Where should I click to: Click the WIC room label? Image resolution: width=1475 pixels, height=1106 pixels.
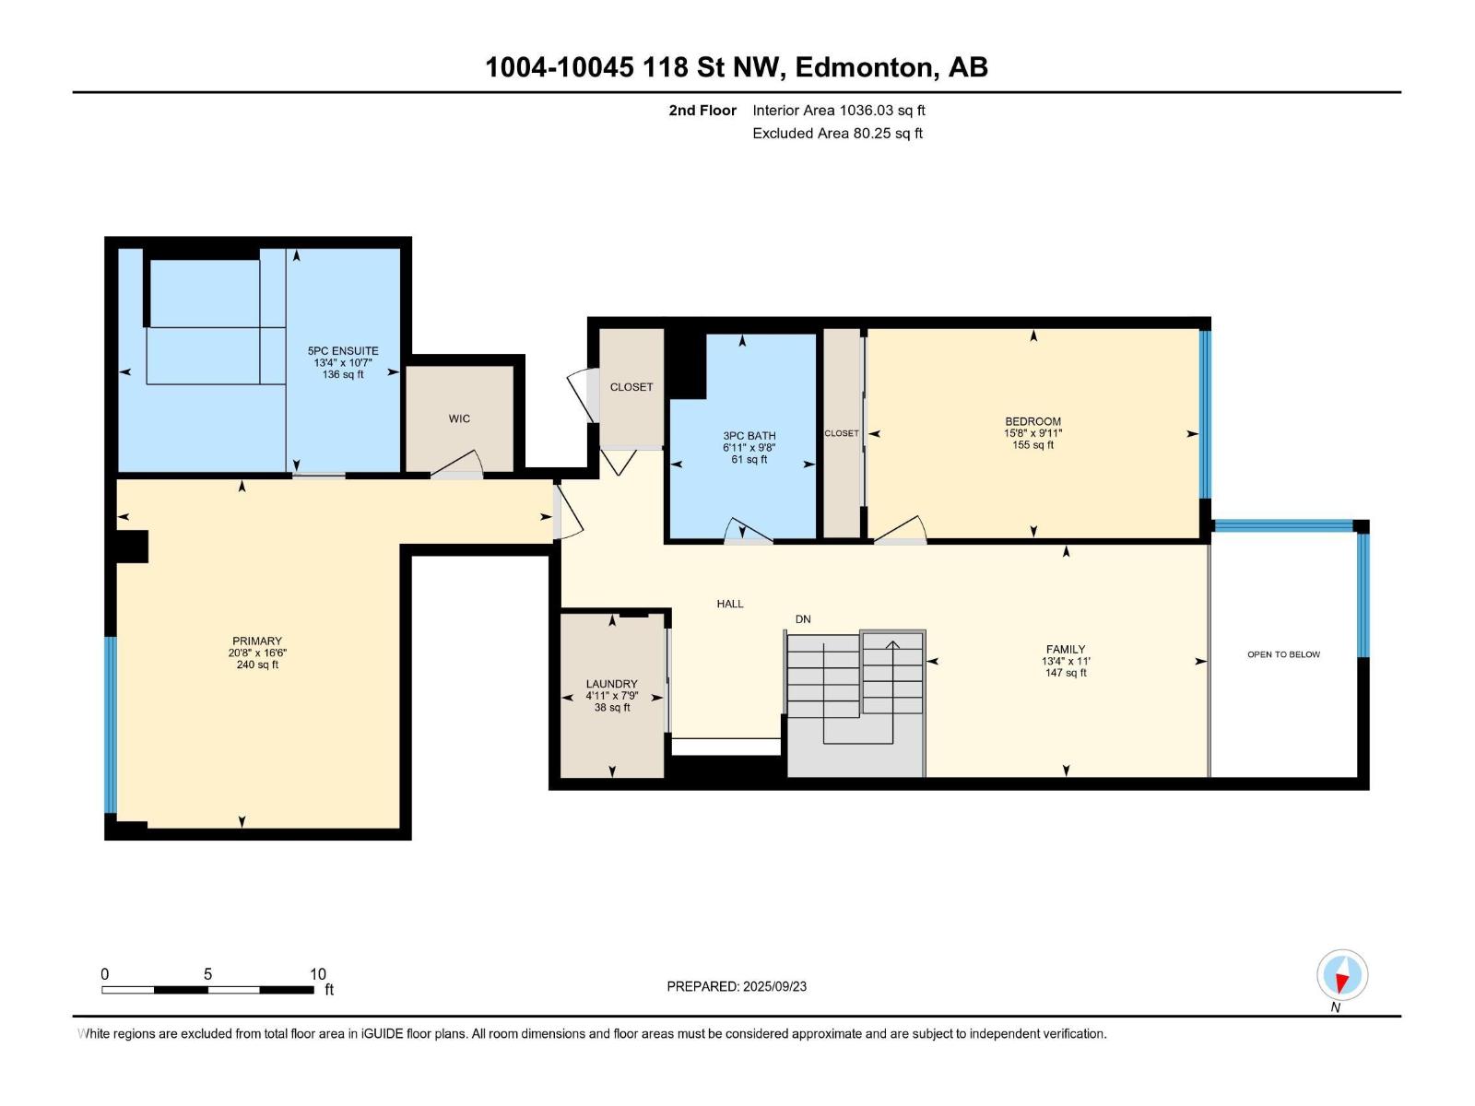(x=459, y=419)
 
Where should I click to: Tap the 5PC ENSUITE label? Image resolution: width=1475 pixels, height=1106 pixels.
(x=343, y=351)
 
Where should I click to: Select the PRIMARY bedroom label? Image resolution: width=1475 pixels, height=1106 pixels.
(x=257, y=641)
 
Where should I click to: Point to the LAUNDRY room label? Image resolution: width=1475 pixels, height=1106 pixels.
(x=611, y=684)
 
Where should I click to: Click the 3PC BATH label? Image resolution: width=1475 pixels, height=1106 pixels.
(x=749, y=437)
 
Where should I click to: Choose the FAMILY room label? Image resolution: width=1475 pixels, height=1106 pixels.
(x=1066, y=650)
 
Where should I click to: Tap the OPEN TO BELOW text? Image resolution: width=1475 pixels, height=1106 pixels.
(x=1283, y=654)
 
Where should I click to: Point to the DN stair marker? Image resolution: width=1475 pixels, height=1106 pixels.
(x=803, y=619)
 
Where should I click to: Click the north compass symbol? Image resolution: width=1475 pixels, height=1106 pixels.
(x=1342, y=975)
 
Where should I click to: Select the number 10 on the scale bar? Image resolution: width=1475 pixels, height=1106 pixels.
(x=318, y=974)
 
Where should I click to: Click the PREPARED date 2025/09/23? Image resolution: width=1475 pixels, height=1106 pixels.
(x=774, y=986)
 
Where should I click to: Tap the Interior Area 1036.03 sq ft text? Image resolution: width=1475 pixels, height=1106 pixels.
(x=839, y=110)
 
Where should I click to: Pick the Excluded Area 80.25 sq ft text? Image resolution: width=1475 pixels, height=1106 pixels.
(x=837, y=133)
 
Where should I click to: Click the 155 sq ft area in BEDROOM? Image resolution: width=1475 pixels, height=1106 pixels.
(x=1032, y=445)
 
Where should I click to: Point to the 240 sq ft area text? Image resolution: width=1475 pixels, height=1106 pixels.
(x=257, y=665)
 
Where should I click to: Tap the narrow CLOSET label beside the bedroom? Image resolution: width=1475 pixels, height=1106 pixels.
(x=842, y=434)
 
